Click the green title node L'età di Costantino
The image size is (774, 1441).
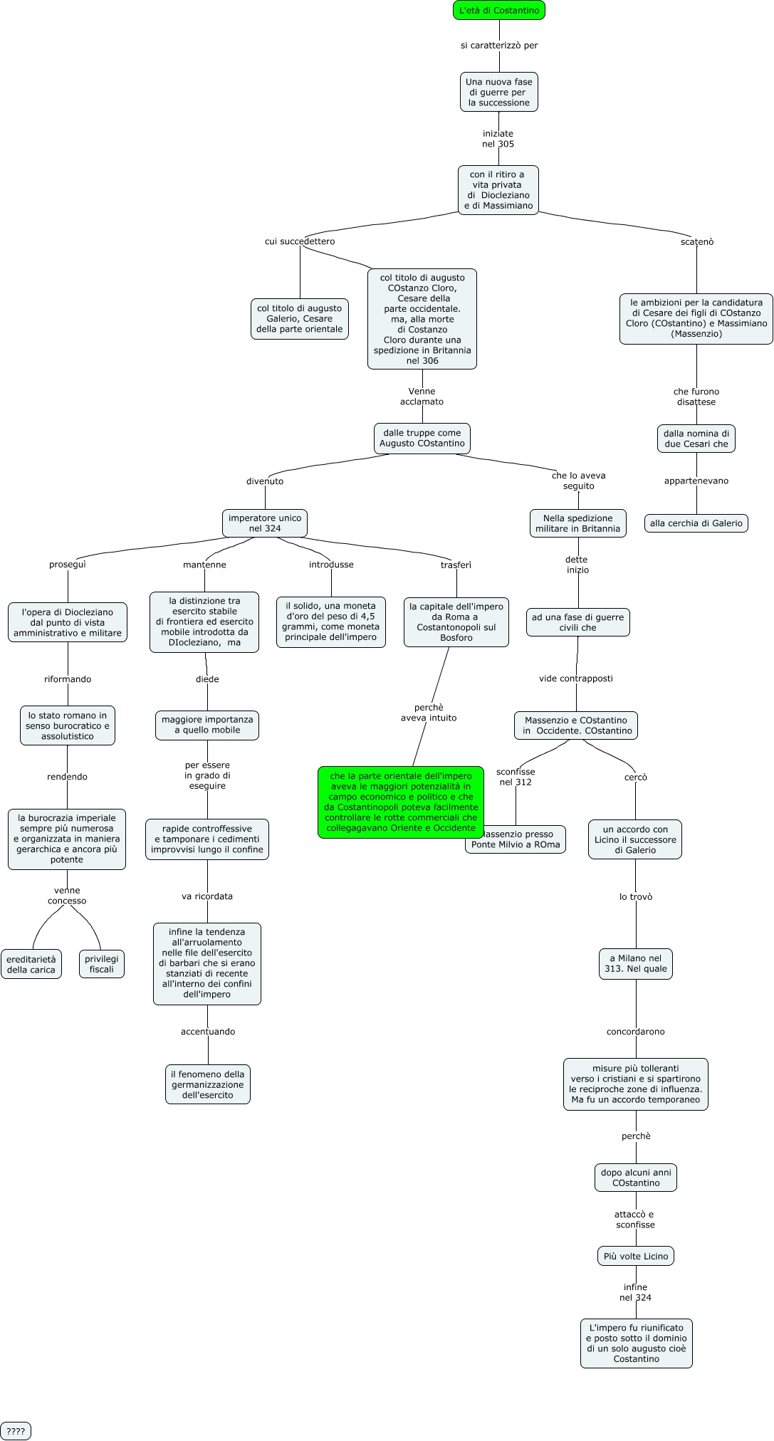click(x=498, y=11)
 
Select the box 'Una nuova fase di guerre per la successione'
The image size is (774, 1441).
click(x=498, y=93)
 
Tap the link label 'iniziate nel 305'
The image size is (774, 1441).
click(x=498, y=139)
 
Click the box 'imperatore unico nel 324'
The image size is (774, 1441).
click(x=265, y=523)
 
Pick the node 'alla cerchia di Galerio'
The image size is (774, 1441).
click(x=696, y=523)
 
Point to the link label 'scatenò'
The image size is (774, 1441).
click(x=696, y=242)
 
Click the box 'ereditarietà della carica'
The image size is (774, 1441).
click(x=31, y=964)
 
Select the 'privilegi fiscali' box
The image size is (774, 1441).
click(x=101, y=964)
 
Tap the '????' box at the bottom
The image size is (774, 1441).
click(x=16, y=1431)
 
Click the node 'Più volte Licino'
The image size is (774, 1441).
click(x=636, y=1256)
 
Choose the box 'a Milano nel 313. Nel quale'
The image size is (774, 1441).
click(x=636, y=963)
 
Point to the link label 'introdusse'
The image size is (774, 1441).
click(x=331, y=565)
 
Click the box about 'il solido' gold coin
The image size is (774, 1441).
click(x=331, y=622)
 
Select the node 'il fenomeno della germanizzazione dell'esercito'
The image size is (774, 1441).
click(x=207, y=1084)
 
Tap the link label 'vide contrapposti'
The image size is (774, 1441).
click(x=575, y=678)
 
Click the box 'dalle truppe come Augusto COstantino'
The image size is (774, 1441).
click(x=422, y=438)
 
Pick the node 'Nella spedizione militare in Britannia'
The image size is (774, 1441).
click(x=577, y=523)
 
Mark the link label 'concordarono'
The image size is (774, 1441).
click(x=636, y=1032)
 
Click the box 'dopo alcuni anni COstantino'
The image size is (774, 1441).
click(x=636, y=1178)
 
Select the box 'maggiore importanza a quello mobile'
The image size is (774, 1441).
click(x=207, y=725)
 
